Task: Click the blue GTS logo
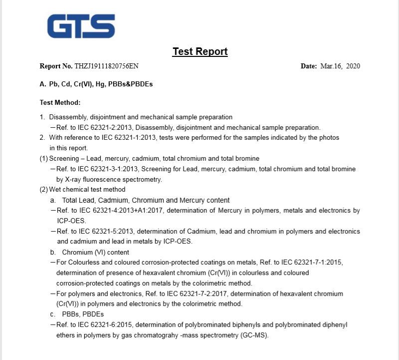(x=81, y=26)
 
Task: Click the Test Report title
(x=200, y=51)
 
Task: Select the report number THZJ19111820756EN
(x=106, y=66)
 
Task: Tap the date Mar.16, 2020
(x=340, y=66)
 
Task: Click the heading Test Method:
(x=60, y=102)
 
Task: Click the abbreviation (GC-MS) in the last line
(x=253, y=336)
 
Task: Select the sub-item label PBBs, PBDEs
(x=83, y=315)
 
